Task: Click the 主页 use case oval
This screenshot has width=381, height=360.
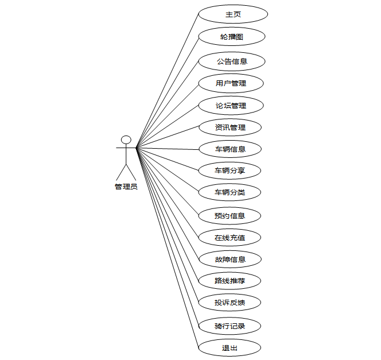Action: tap(232, 14)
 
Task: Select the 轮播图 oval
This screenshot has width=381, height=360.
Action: tap(232, 36)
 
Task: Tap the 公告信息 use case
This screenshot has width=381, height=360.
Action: tap(231, 61)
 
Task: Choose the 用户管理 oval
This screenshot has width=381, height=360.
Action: tap(231, 83)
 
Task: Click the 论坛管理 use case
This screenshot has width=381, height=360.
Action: tap(231, 106)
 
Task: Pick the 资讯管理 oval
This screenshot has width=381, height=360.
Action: tap(230, 127)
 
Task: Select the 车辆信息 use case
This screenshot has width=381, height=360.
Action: tap(230, 149)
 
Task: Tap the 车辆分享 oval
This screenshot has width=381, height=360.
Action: tap(230, 171)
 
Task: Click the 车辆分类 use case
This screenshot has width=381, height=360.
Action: tap(230, 192)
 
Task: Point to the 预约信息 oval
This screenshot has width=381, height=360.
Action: tap(230, 216)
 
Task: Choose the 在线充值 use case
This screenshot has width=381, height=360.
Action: tap(230, 237)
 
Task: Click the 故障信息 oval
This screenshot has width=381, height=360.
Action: tap(230, 259)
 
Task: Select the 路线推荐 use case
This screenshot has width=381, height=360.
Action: tap(230, 281)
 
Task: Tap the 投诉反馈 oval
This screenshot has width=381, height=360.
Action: tap(230, 302)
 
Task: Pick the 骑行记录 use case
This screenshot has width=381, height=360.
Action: tap(230, 326)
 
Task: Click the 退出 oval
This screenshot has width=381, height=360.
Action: tap(230, 347)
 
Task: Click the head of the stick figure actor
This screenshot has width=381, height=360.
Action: tap(126, 140)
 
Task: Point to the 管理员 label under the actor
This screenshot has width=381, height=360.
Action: tap(126, 187)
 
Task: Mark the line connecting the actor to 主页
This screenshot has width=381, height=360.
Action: tap(167, 81)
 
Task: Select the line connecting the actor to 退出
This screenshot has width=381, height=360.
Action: tap(167, 247)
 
